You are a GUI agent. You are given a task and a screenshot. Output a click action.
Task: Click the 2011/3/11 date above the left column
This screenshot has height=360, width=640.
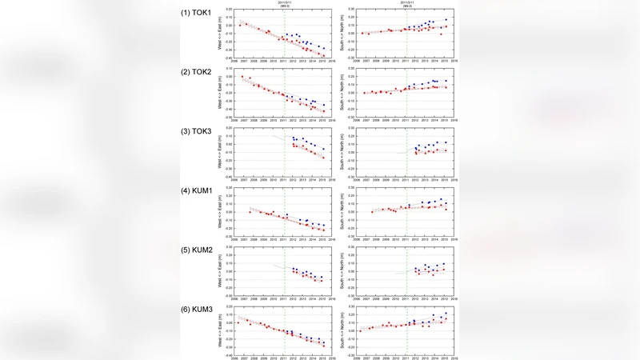point(284,3)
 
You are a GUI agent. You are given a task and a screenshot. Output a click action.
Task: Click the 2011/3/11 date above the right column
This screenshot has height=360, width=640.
point(406,3)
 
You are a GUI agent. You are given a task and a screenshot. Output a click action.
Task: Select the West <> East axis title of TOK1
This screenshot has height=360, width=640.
point(221,37)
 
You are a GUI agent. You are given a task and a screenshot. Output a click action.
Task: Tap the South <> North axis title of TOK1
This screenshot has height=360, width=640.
point(342,37)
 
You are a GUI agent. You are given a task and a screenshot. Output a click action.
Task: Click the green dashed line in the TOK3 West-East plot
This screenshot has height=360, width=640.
point(284,152)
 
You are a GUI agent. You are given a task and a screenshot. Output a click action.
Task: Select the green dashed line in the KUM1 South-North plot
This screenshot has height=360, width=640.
point(406,212)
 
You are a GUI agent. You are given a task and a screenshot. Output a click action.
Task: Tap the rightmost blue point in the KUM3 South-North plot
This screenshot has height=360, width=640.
point(445,314)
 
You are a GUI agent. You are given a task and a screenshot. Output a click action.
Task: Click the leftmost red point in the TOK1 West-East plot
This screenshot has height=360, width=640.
point(240,25)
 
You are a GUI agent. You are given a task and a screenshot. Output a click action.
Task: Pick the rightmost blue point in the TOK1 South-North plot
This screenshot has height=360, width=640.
point(445,19)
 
